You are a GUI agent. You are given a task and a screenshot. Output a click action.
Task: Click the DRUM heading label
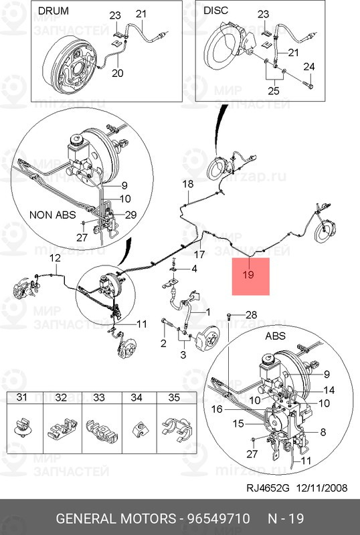(54, 11)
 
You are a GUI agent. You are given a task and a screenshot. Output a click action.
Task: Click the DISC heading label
(215, 10)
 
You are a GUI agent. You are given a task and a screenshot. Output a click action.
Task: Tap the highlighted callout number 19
(248, 274)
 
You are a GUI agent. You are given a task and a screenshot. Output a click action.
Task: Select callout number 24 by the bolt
(308, 66)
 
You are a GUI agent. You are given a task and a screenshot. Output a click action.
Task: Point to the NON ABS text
(53, 215)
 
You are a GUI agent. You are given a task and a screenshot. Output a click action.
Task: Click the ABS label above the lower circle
(275, 336)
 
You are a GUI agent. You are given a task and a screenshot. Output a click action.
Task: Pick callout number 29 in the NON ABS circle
(130, 215)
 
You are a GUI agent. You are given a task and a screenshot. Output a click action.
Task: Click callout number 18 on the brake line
(188, 185)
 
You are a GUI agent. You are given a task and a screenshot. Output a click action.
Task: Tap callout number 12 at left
(55, 258)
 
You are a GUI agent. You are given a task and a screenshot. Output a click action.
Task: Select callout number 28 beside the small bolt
(251, 314)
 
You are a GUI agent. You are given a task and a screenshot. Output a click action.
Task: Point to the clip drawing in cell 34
(139, 429)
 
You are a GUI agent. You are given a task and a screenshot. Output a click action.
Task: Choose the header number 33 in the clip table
(99, 397)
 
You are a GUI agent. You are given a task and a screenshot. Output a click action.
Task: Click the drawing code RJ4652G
(268, 488)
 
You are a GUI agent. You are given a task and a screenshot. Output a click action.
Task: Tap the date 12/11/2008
(321, 488)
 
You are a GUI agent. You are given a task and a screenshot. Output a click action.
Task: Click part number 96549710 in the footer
(218, 519)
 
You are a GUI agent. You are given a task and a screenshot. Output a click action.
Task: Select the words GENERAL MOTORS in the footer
(116, 519)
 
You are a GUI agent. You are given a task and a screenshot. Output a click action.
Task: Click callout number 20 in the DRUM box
(118, 73)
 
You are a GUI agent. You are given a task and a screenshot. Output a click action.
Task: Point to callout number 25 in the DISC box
(273, 91)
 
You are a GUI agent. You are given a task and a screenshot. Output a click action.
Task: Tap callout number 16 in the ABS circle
(217, 409)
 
